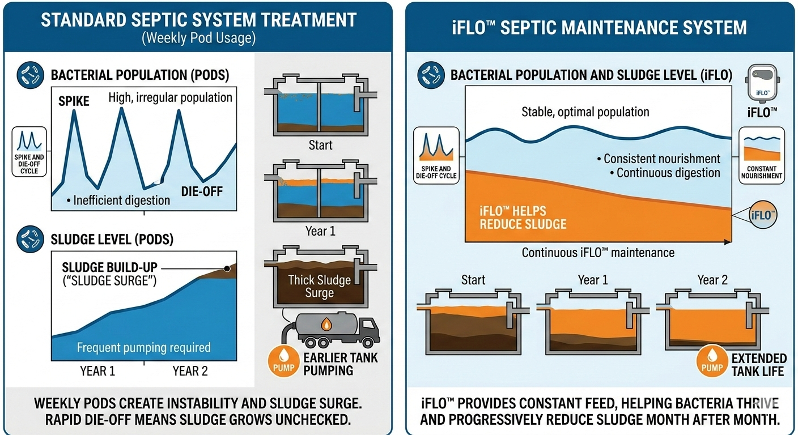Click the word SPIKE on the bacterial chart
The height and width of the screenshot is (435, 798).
coord(74,101)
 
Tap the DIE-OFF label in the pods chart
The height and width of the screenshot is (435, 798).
coord(202,191)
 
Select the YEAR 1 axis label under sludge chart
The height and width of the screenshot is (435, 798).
coord(97,371)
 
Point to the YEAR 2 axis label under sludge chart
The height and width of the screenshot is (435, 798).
coord(190,371)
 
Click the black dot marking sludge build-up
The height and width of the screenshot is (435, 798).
coord(227,269)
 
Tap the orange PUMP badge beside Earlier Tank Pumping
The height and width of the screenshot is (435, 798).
coord(283,361)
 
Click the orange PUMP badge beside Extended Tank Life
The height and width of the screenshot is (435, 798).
coord(712,361)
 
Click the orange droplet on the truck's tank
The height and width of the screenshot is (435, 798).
coord(326,325)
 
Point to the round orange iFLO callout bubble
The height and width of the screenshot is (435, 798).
coord(763,215)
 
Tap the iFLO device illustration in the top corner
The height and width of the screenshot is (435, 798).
coord(762,83)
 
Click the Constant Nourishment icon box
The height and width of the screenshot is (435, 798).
coord(761,156)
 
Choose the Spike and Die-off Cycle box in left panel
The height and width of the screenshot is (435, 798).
coord(29,152)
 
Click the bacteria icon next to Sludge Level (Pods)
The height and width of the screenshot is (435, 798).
coord(30,239)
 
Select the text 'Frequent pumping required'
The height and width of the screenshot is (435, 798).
coord(143,347)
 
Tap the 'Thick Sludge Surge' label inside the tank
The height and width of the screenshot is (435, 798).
coord(320,286)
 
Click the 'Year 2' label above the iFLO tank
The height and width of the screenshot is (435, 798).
coord(712,280)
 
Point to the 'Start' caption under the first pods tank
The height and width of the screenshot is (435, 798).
coord(320,145)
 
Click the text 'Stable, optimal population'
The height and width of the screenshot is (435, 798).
coord(585,112)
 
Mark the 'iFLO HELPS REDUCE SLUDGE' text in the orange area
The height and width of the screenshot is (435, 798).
coord(523,217)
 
